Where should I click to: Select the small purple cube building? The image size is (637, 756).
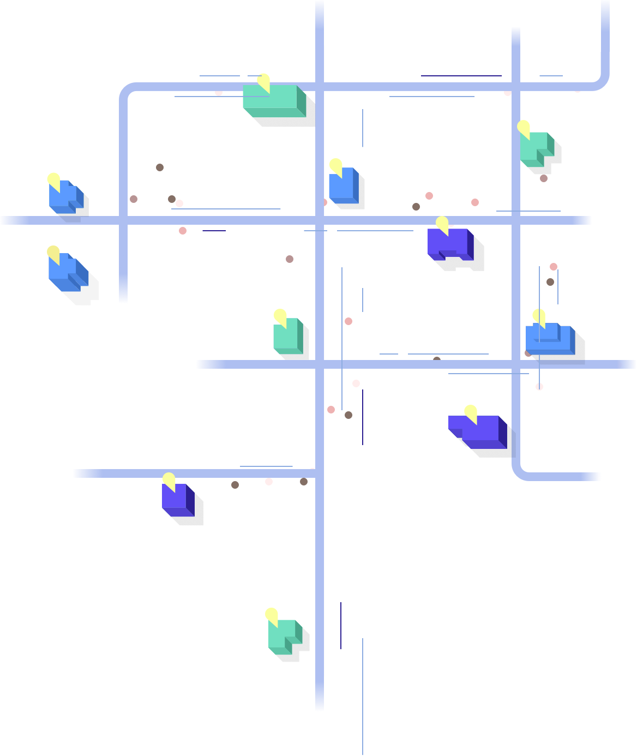point(177,499)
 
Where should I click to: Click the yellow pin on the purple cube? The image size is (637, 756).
point(169,480)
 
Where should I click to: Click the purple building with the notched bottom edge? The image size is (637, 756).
point(449,244)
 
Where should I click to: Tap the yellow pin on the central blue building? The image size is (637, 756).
point(335,165)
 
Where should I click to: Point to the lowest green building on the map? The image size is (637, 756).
point(284,635)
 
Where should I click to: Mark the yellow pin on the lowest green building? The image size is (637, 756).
point(271,615)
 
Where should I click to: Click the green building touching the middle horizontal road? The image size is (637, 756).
point(287,335)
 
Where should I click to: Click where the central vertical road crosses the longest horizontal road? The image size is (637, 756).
point(320,220)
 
